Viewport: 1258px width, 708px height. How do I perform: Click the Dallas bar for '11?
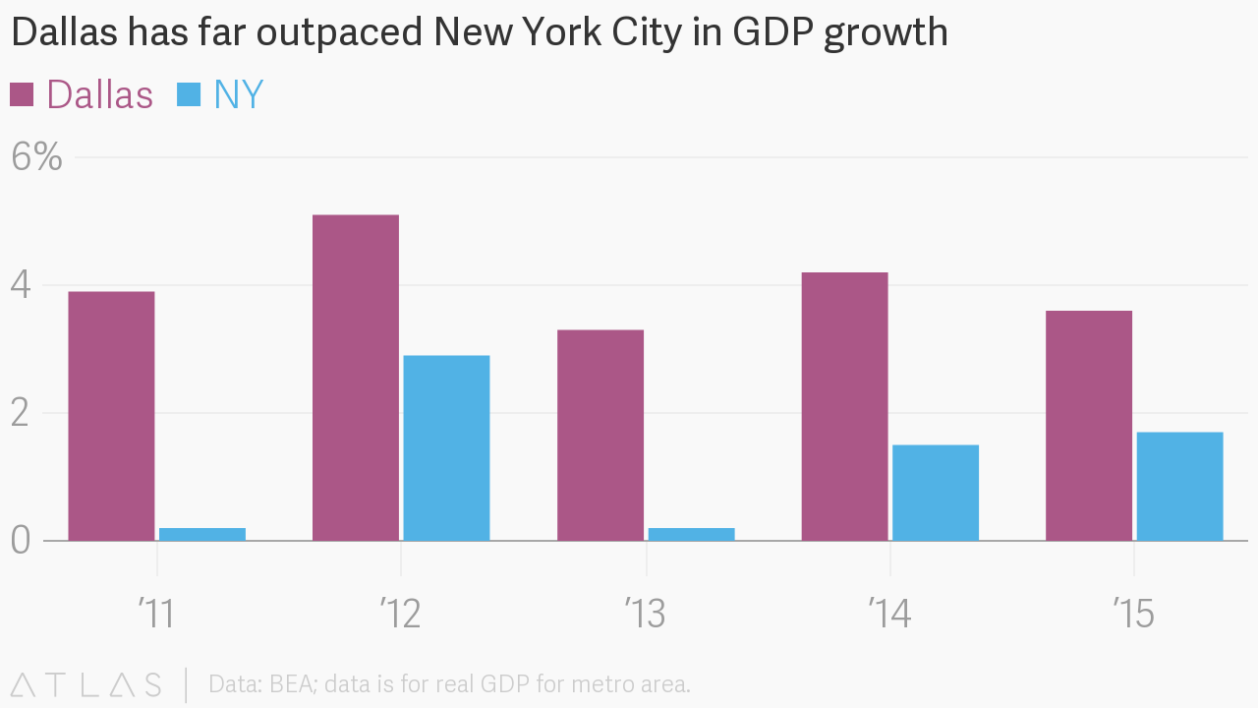(111, 416)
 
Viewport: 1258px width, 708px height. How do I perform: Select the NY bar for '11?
(202, 534)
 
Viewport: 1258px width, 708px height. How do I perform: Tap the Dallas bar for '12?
(356, 378)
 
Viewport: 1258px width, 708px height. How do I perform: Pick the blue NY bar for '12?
(446, 447)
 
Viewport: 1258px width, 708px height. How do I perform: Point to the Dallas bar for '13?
(600, 435)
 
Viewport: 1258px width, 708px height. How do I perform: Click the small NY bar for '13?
(691, 534)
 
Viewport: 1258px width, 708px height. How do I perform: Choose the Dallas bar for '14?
(844, 406)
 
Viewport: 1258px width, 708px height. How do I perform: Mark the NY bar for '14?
(936, 493)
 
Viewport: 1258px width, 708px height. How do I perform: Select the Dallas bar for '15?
(1089, 426)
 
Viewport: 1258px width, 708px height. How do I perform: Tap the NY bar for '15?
(1179, 486)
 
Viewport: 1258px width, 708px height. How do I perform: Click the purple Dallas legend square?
(22, 94)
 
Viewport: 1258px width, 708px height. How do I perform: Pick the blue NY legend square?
(189, 94)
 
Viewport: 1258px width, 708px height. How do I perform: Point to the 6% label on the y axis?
(37, 157)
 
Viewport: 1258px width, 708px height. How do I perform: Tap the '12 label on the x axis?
(400, 615)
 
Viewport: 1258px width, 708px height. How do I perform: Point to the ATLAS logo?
(86, 684)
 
